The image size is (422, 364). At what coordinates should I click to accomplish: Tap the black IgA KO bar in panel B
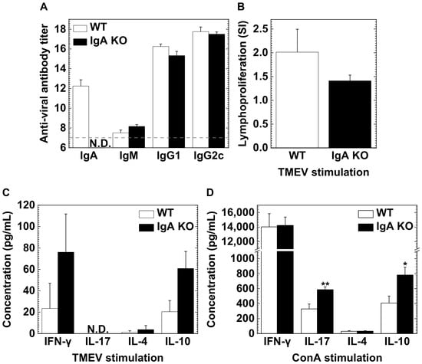[x=350, y=114]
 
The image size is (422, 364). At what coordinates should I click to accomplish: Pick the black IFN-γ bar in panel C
[x=66, y=293]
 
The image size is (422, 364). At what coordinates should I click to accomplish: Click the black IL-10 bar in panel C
[x=186, y=301]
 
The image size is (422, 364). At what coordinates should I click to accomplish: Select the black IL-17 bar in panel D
[x=325, y=312]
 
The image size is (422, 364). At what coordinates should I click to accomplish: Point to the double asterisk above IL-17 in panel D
[x=325, y=284]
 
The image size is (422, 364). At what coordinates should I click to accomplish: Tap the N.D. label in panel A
[x=100, y=143]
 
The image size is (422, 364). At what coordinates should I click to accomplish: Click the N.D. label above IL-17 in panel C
[x=98, y=329]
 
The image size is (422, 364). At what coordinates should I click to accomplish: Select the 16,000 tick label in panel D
[x=238, y=212]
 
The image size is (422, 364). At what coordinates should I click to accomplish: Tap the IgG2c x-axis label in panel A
[x=209, y=156]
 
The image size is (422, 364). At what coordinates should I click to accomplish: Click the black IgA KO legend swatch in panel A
[x=81, y=41]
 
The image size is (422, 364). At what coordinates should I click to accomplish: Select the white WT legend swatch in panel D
[x=366, y=214]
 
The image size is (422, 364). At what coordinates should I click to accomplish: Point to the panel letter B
[x=241, y=7]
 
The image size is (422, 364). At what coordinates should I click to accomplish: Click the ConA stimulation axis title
[x=338, y=358]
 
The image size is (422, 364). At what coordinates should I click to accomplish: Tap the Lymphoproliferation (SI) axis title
[x=242, y=84]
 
